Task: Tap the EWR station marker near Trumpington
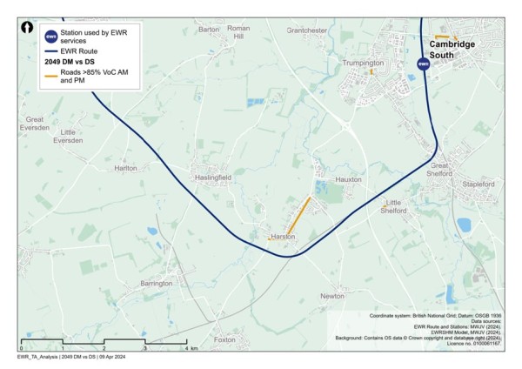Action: (423, 64)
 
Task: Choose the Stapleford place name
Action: (478, 184)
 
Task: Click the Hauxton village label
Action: (348, 178)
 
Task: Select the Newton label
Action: (332, 297)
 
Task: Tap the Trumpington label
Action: (364, 64)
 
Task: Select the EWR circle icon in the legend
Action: (51, 37)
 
